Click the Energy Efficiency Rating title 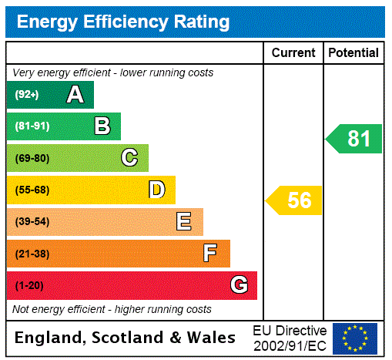point(123,22)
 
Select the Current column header point(293,52)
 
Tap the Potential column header point(353,52)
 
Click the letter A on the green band point(75,95)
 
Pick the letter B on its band point(102,126)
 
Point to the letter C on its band point(129,158)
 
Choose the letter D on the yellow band point(156,190)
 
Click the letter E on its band point(184,222)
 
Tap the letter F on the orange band point(210,254)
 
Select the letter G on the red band point(239,285)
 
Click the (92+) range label point(27,95)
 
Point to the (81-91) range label point(32,126)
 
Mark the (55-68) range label point(32,190)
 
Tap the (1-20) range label point(29,286)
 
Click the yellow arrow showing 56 point(295,200)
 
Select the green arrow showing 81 point(355,139)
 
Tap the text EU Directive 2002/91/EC point(290,338)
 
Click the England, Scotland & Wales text point(126,338)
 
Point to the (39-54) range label point(32,222)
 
